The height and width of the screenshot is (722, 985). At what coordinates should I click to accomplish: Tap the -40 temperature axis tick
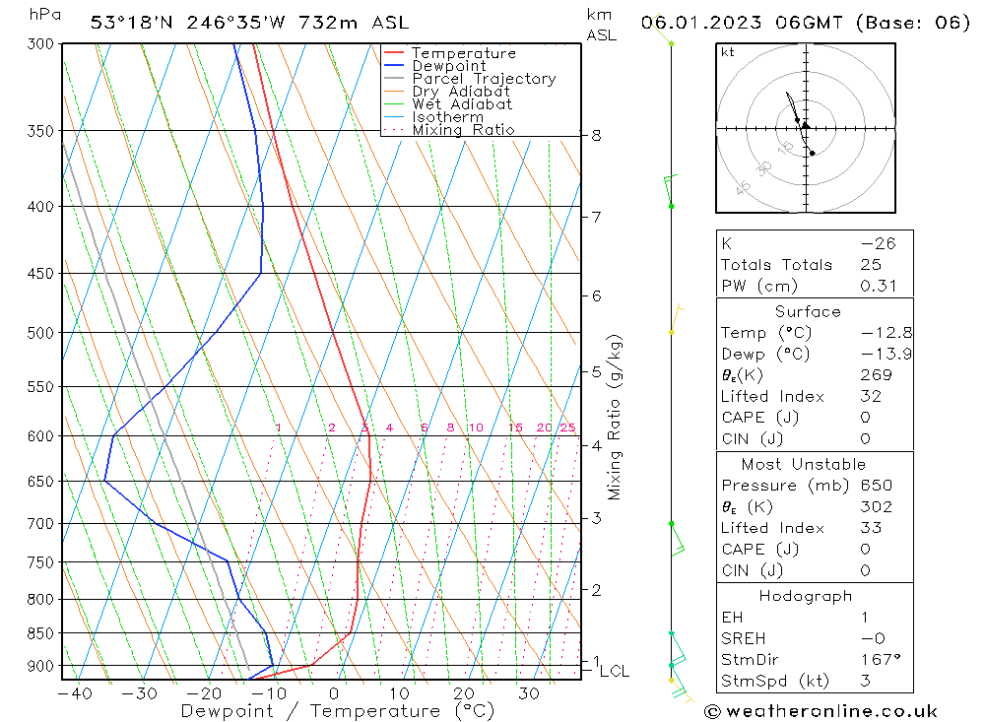(x=75, y=693)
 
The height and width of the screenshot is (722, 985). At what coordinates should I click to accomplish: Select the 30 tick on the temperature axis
(x=528, y=693)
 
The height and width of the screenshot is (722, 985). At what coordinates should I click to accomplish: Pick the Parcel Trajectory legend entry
(x=484, y=79)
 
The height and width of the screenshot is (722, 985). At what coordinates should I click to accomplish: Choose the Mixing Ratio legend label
(x=463, y=130)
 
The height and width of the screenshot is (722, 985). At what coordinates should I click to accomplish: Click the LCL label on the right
(x=615, y=672)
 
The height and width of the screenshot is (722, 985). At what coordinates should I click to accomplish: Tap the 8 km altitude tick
(x=596, y=136)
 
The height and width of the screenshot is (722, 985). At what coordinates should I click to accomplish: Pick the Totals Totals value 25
(x=867, y=264)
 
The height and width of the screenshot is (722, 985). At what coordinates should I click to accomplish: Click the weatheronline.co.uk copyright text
(x=821, y=710)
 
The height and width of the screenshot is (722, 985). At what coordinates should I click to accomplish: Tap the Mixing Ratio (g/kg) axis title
(x=616, y=417)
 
